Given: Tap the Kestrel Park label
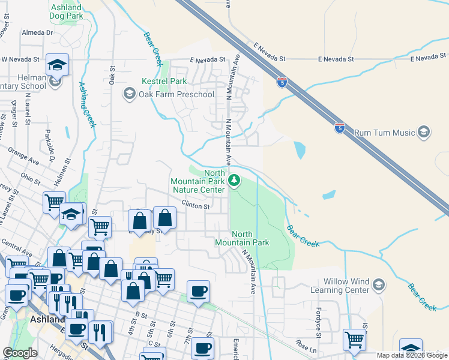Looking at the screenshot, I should pyautogui.click(x=164, y=81).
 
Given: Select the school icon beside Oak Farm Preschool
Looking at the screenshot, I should pyautogui.click(x=128, y=94).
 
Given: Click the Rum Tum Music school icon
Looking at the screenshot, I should pyautogui.click(x=424, y=132).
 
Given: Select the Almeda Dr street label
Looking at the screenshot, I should pyautogui.click(x=37, y=32).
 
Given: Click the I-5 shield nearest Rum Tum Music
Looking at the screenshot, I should pyautogui.click(x=339, y=128).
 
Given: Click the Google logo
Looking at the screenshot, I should pyautogui.click(x=20, y=353).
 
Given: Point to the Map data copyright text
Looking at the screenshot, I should pyautogui.click(x=412, y=355).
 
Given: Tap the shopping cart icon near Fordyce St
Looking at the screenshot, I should pyautogui.click(x=354, y=340).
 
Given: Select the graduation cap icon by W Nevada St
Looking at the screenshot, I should pyautogui.click(x=58, y=64).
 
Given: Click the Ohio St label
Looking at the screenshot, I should pyautogui.click(x=29, y=177).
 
